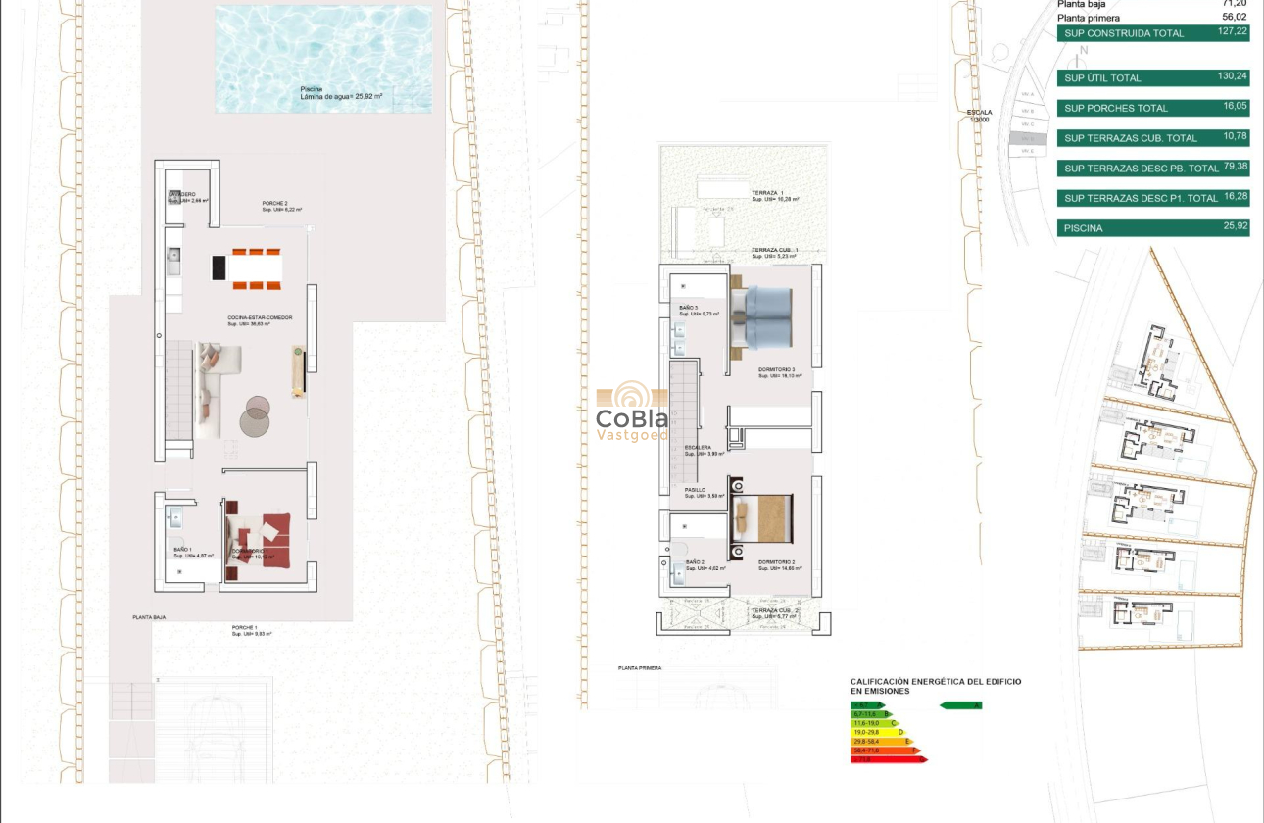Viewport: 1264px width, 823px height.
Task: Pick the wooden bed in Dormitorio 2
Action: pos(764,515)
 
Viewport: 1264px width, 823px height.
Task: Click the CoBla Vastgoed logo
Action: pos(632,411)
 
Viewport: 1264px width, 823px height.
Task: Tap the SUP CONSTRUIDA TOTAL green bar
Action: pos(1125,33)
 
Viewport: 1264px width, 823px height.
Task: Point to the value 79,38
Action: pos(1234,166)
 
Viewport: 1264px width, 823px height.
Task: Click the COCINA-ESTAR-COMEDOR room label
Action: pos(260,318)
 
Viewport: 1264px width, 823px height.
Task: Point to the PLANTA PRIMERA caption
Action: pos(640,668)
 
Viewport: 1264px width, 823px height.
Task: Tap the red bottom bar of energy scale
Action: pos(888,759)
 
